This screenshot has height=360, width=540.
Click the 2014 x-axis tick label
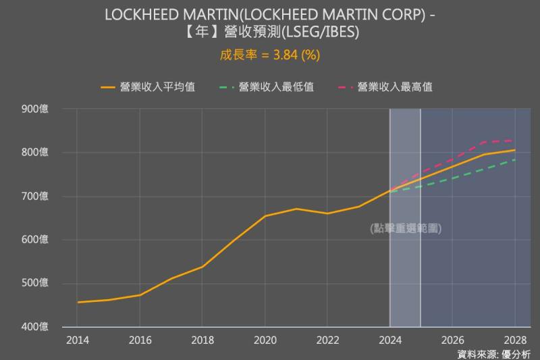pos(77,340)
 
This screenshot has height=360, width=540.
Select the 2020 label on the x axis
pos(265,340)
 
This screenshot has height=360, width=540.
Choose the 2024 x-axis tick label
pos(389,340)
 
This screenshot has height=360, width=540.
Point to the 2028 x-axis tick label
pos(515,340)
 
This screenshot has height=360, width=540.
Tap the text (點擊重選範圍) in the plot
pos(406,228)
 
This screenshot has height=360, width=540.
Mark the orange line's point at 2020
pos(265,216)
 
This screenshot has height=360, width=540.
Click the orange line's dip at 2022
pos(327,213)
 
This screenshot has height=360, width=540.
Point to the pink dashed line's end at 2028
pos(515,140)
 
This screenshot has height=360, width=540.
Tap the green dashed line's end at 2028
pos(515,160)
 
